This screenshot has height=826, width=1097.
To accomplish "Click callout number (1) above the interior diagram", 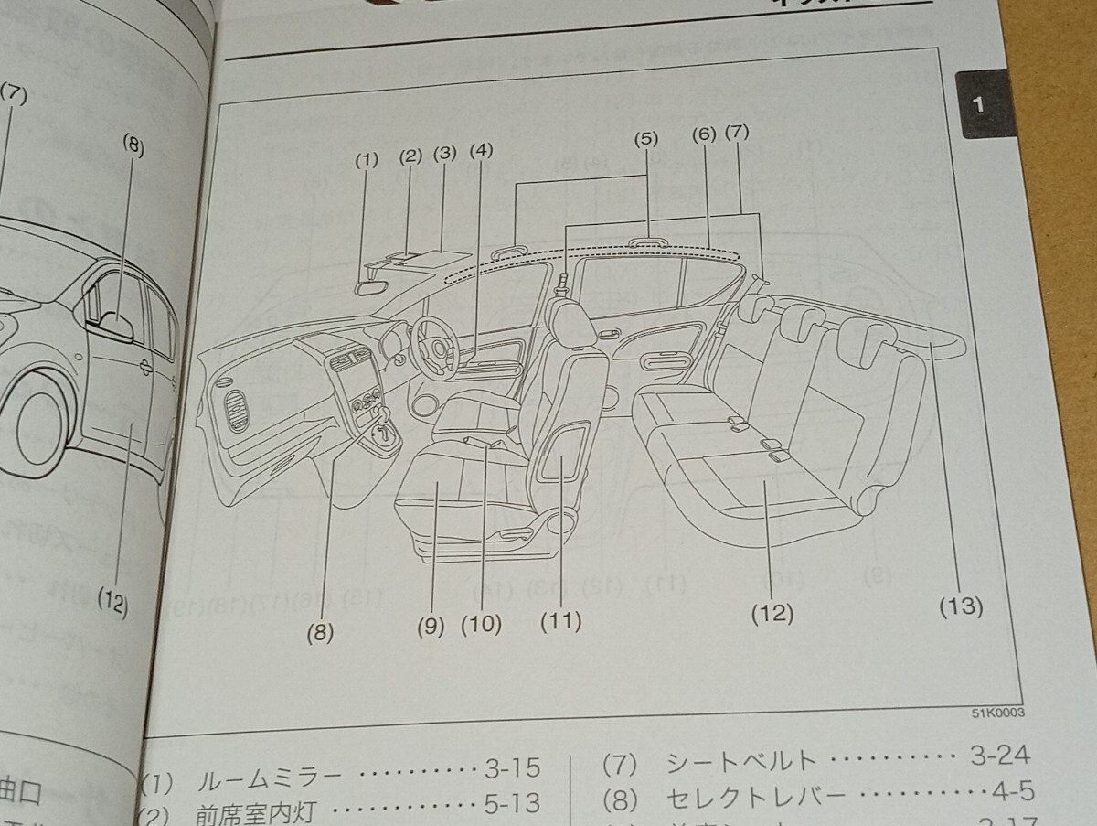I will click(x=367, y=161).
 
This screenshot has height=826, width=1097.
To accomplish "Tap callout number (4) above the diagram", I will click(x=481, y=152).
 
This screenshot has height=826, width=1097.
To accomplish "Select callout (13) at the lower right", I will click(x=959, y=606).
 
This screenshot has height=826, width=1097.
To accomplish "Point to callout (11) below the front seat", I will click(x=560, y=621).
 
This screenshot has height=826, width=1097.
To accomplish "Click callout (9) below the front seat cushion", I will click(x=431, y=627).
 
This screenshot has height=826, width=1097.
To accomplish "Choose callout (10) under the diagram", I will click(x=482, y=625).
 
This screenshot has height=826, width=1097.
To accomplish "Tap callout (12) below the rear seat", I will click(x=772, y=613).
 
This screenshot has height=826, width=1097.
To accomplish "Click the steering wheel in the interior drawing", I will click(x=433, y=346).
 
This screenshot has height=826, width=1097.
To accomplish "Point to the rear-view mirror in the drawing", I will click(x=369, y=286).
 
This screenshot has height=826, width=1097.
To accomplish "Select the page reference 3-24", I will click(x=1000, y=756).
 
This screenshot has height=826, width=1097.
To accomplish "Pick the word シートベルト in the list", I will click(x=740, y=759).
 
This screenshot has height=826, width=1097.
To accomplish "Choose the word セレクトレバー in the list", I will click(x=752, y=795).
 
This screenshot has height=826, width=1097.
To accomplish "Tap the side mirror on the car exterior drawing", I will click(x=117, y=325).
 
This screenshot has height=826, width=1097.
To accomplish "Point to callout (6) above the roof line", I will click(x=702, y=134).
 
